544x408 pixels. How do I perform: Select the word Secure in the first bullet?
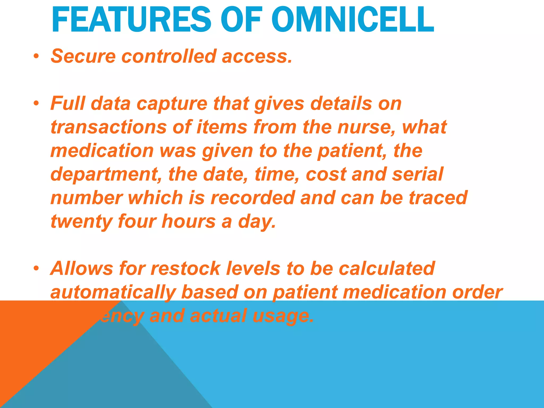[x=83, y=56]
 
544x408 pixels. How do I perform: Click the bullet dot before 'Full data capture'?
[x=36, y=103]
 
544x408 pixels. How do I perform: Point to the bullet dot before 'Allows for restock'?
[x=36, y=268]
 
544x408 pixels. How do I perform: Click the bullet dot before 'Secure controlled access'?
[x=36, y=56]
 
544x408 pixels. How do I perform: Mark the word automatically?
[x=113, y=292]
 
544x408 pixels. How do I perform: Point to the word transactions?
[x=108, y=127]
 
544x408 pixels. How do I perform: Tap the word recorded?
[x=252, y=198]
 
